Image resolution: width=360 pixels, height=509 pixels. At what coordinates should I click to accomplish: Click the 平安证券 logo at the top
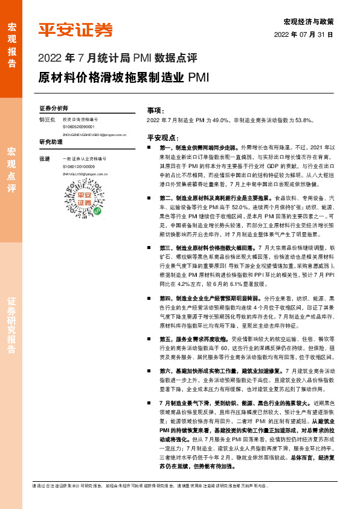click(76, 30)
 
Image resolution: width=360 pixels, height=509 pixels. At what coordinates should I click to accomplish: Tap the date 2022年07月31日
click(304, 34)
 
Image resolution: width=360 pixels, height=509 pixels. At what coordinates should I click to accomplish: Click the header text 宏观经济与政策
click(308, 21)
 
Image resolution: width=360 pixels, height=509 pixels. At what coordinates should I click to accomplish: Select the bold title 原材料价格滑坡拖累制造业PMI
click(124, 77)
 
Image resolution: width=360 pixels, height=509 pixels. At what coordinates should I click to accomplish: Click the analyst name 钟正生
click(47, 120)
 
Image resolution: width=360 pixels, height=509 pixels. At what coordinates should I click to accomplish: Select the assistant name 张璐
click(44, 158)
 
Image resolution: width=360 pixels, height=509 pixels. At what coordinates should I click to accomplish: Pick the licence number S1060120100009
click(79, 166)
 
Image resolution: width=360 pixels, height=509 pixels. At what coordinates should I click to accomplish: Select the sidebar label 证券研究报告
click(11, 326)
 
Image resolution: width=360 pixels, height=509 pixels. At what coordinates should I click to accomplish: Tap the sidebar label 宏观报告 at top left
click(11, 40)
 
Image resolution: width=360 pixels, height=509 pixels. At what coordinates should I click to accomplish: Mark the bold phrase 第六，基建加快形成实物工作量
click(193, 371)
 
